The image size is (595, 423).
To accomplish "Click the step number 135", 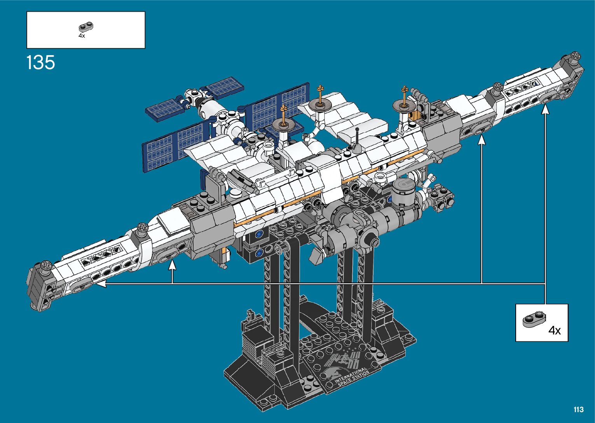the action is click(41, 63).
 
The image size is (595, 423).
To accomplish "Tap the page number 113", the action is click(579, 409).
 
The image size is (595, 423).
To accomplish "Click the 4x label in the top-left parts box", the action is click(82, 36).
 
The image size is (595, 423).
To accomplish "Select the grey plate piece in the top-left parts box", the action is click(86, 27).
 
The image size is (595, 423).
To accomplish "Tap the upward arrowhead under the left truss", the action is click(173, 265).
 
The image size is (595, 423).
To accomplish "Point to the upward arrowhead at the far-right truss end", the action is click(545, 109).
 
